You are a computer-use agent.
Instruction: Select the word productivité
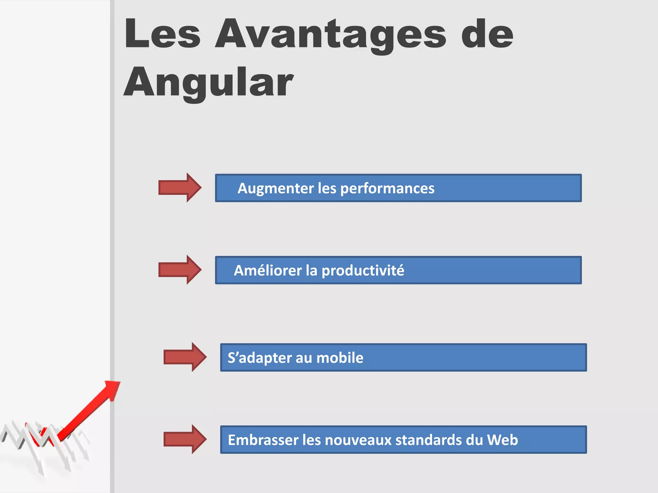[x=363, y=271]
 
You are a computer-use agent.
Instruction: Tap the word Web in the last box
[x=502, y=440]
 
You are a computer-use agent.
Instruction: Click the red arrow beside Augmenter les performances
[x=180, y=187]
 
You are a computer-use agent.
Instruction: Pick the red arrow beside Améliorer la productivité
[x=180, y=270]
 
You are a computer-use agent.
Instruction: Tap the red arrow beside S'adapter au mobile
[x=185, y=357]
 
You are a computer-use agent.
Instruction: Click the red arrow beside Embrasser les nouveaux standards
[x=185, y=439]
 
